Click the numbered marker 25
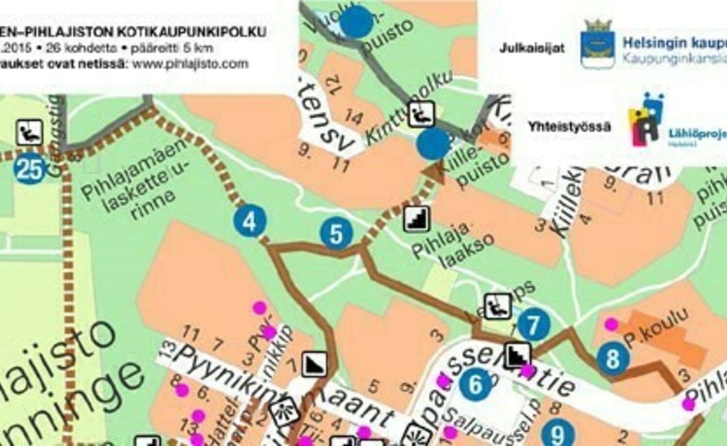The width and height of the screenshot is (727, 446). pos(30,169)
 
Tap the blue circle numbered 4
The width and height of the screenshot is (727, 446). pos(250,221)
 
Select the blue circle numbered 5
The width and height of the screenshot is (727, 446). pos(336,234)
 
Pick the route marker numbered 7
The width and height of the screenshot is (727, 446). pos(534,325)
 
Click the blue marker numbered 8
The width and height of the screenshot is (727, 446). pos(613,359)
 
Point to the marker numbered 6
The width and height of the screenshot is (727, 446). pos(475,384)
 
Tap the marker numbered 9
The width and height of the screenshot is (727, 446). pos(558,433)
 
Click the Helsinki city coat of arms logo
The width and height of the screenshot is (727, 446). pos(598,43)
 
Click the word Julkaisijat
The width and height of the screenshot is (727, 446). pos(532,48)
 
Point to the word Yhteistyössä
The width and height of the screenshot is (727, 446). pos(569,127)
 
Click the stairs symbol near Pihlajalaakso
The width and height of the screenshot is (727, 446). pos(417,219)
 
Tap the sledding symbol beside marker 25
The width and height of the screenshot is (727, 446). pos(30,132)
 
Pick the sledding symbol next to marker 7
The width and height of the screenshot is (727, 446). pos(498,306)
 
